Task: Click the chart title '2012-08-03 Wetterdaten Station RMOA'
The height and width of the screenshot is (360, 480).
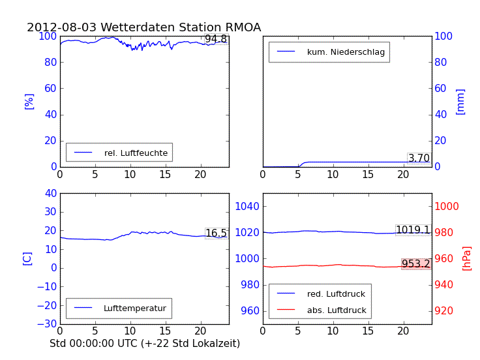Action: (143, 27)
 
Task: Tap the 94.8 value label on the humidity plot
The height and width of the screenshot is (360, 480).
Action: (216, 39)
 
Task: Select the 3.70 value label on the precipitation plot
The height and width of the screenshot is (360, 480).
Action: (419, 158)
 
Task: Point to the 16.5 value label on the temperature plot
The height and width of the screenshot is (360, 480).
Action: (216, 233)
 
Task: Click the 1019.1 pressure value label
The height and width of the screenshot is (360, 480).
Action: (413, 230)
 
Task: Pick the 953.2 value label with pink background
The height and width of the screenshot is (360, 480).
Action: (415, 264)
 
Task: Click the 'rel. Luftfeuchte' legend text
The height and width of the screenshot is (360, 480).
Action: (136, 153)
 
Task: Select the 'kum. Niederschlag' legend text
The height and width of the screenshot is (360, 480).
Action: (346, 52)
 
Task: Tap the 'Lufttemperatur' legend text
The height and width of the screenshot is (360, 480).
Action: (134, 308)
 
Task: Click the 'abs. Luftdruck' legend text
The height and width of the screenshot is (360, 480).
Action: (337, 310)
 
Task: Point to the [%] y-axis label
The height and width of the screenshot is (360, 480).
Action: (29, 101)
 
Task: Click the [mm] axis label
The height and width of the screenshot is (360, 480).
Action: (460, 101)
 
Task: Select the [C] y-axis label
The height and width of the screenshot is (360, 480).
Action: (27, 258)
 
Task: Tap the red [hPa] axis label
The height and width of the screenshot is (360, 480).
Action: (466, 258)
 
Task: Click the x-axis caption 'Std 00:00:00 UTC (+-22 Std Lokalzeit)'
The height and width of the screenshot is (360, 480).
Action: (145, 343)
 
